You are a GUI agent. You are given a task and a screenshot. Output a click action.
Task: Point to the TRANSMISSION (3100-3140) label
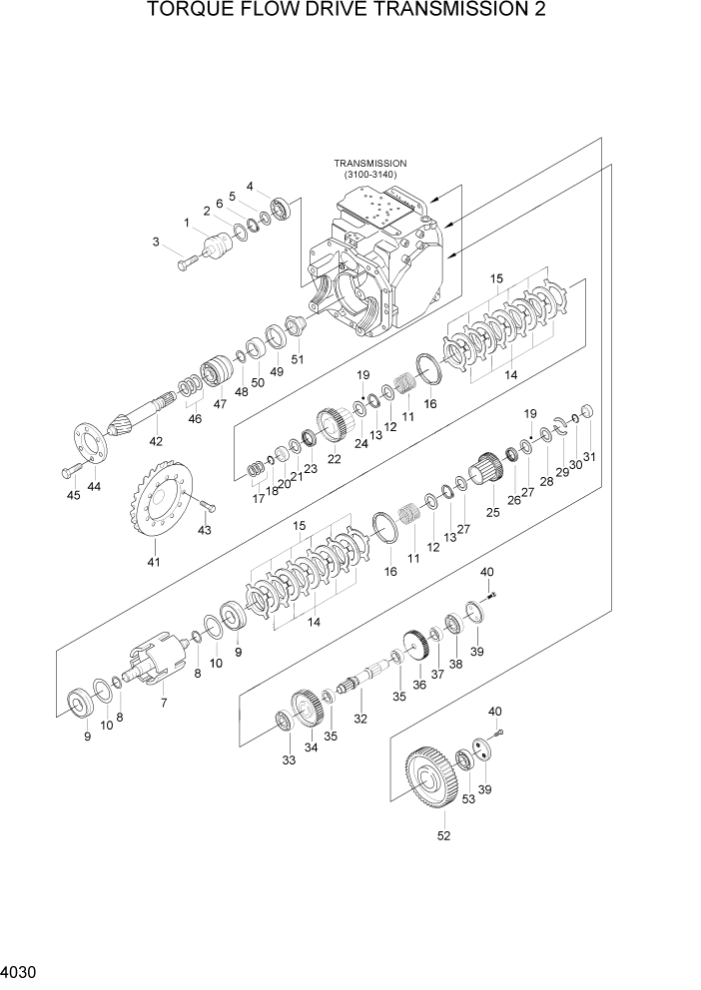pos(370,169)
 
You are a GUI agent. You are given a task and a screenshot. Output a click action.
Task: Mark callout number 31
pos(589,457)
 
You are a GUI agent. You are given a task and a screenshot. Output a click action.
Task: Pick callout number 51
pos(297,359)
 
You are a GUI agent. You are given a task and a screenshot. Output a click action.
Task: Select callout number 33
pos(289,760)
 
